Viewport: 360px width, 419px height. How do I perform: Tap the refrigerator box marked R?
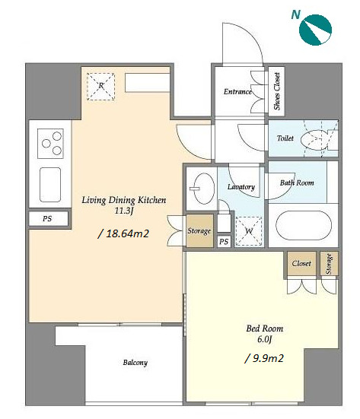click(100, 87)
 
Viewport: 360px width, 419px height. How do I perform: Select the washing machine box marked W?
click(248, 231)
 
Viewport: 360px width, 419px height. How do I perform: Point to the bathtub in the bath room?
click(304, 225)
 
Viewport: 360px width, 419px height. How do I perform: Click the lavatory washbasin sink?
click(204, 189)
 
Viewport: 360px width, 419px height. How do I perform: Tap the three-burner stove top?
click(50, 144)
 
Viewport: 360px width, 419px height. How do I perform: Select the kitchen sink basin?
click(50, 185)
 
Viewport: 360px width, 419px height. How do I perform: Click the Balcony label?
click(135, 363)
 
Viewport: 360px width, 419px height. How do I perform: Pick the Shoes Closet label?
click(277, 91)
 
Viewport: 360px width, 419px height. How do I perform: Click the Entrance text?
click(237, 92)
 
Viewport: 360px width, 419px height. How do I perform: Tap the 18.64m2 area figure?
click(123, 233)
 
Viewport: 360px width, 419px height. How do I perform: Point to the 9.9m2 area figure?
click(264, 358)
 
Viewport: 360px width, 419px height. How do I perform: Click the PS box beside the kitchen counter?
click(49, 219)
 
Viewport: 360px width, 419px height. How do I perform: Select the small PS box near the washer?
click(224, 242)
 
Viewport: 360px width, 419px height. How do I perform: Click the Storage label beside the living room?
click(199, 230)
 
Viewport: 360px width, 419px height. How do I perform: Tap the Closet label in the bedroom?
click(301, 263)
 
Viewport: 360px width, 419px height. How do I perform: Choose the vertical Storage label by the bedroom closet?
click(329, 264)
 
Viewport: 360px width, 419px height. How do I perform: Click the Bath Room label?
click(297, 183)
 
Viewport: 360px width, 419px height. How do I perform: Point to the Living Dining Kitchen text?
click(124, 200)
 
